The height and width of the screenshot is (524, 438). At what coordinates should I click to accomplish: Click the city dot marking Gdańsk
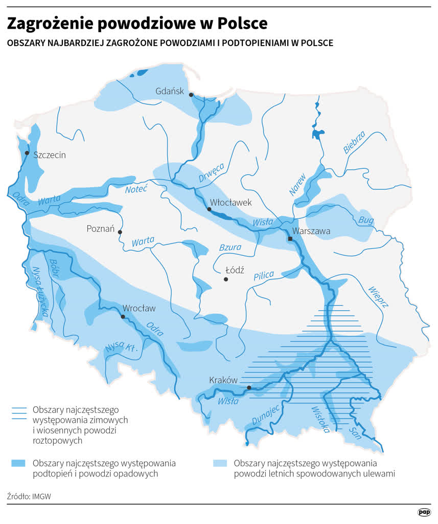pos(191,95)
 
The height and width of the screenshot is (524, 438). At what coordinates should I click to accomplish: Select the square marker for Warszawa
pos(290,239)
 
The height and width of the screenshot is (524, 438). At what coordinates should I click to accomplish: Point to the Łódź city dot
pos(225,279)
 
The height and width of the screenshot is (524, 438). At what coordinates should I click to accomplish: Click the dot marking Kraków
pos(249,387)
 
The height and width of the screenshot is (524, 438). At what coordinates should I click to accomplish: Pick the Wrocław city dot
pos(123,317)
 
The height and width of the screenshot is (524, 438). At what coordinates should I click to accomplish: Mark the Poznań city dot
pos(120,232)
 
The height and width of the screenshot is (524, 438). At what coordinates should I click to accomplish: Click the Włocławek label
pos(231,203)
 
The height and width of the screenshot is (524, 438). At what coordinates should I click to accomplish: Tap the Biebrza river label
pos(354,142)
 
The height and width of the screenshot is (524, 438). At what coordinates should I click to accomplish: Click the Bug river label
pos(366,220)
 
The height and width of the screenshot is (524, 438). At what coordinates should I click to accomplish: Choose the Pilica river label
pos(264,276)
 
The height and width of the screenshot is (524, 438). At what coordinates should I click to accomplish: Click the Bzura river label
pos(230,248)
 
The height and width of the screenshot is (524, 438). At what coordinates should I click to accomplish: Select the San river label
pos(354,432)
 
